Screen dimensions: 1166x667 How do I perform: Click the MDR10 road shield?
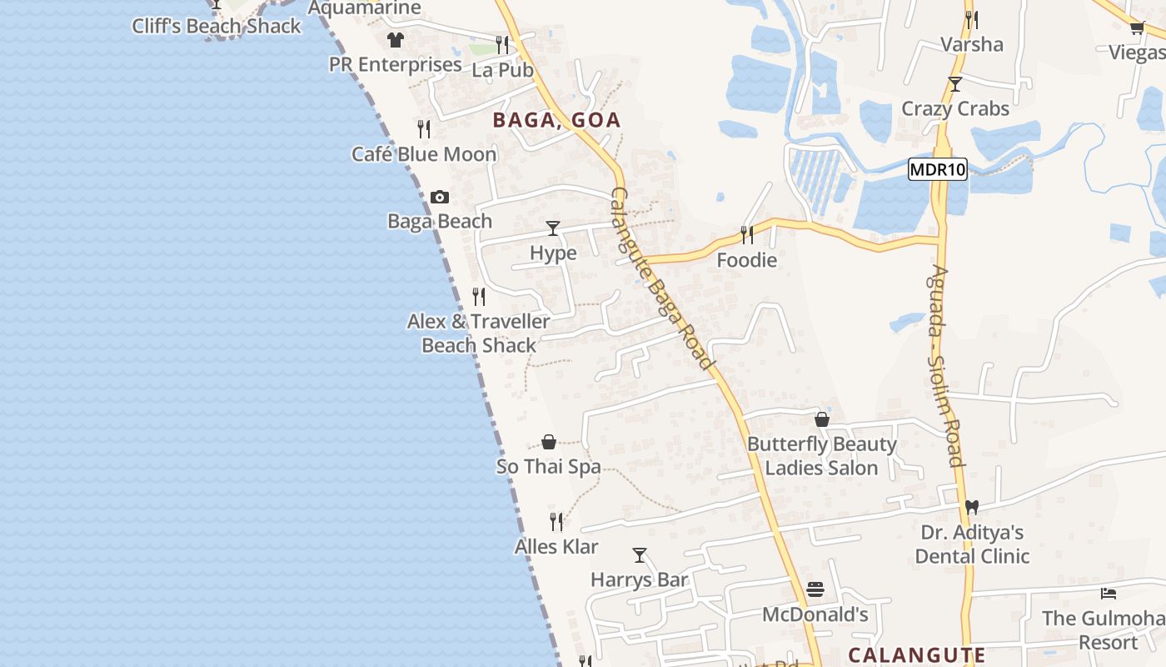pyautogui.click(x=937, y=170)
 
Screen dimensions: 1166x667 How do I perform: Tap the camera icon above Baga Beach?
pyautogui.click(x=440, y=198)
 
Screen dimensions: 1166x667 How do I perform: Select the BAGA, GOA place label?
pyautogui.click(x=556, y=120)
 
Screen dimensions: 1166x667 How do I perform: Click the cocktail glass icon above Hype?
pyautogui.click(x=553, y=228)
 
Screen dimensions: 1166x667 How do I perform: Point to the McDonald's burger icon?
pyautogui.click(x=815, y=589)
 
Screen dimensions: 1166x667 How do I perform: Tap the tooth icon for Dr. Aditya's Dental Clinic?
pyautogui.click(x=971, y=507)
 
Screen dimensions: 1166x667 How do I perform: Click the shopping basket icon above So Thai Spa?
pyautogui.click(x=549, y=442)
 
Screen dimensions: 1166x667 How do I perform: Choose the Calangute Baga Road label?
pyautogui.click(x=662, y=278)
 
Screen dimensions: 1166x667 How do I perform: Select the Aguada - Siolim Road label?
pyautogui.click(x=947, y=367)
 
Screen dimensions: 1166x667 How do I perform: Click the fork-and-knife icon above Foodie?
pyautogui.click(x=747, y=235)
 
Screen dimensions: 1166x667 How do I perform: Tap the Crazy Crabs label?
pyautogui.click(x=955, y=108)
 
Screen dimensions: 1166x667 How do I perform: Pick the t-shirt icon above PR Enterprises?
pyautogui.click(x=395, y=40)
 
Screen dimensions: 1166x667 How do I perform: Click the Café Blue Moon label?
pyautogui.click(x=424, y=154)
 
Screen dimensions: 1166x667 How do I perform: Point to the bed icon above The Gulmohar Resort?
pyautogui.click(x=1109, y=594)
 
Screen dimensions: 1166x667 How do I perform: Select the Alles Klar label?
pyautogui.click(x=556, y=547)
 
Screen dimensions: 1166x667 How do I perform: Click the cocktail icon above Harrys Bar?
pyautogui.click(x=640, y=555)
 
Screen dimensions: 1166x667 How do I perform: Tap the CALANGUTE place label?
pyautogui.click(x=916, y=654)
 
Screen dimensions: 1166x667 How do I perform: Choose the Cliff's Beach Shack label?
pyautogui.click(x=217, y=26)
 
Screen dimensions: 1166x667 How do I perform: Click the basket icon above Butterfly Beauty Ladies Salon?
pyautogui.click(x=822, y=419)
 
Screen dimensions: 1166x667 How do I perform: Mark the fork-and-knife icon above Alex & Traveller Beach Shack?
pyautogui.click(x=479, y=297)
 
